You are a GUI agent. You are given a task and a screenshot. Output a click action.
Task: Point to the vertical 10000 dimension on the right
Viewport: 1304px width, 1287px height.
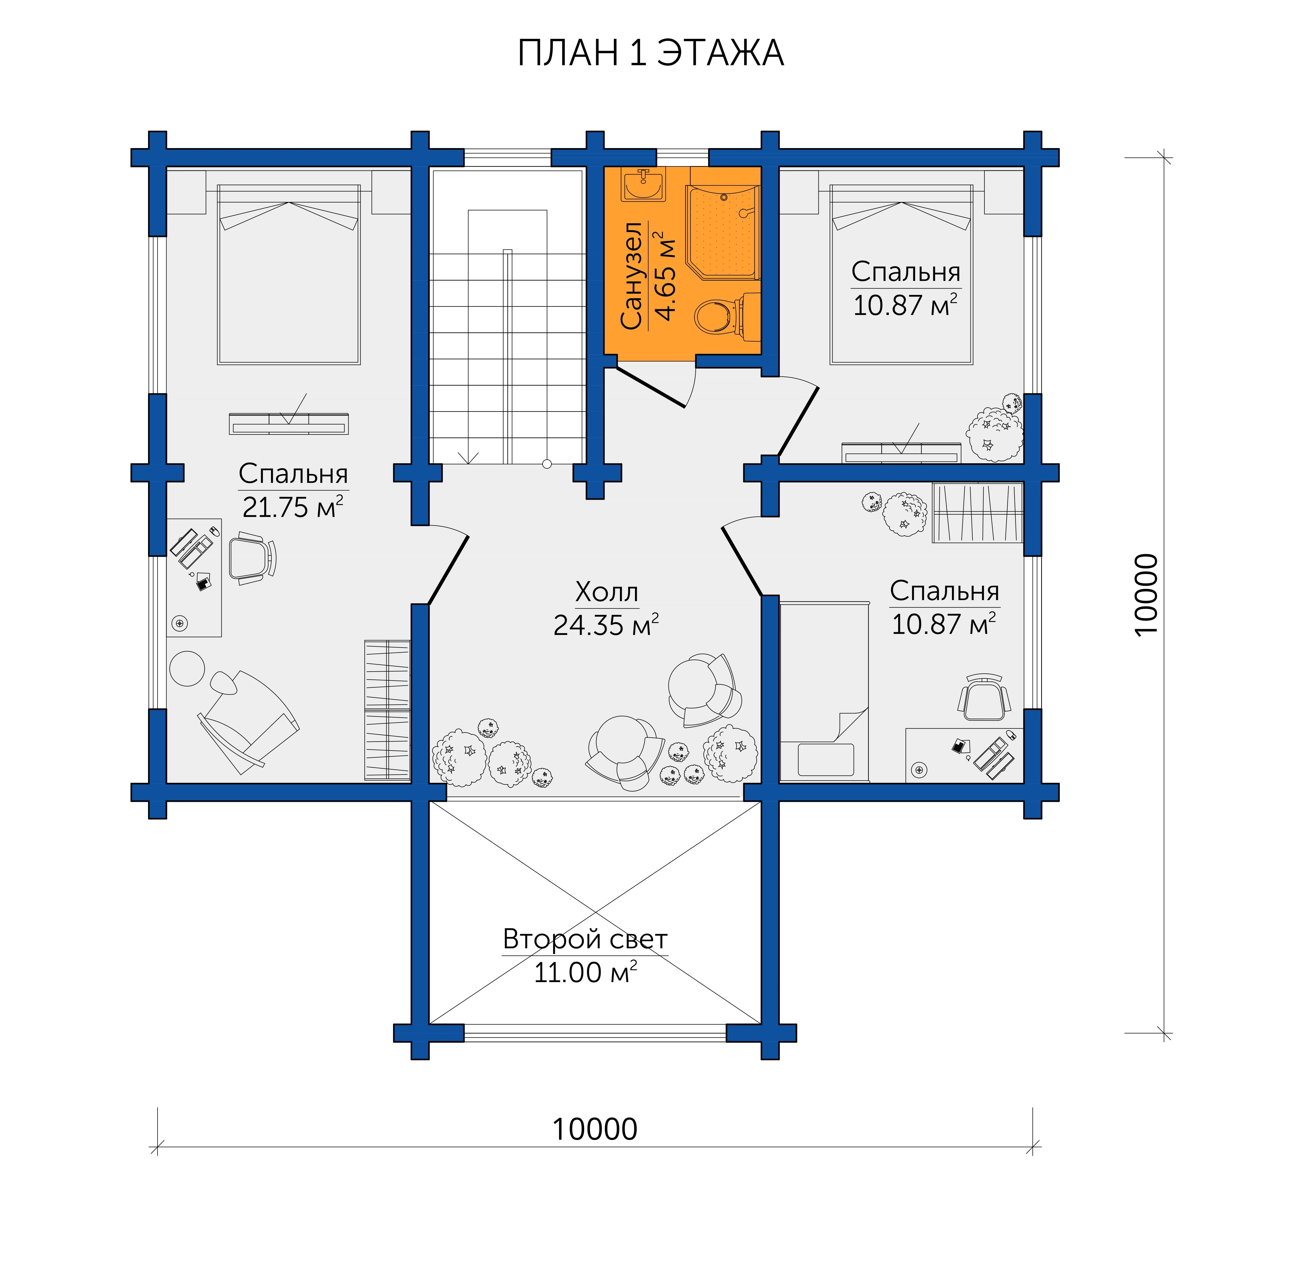click(x=1147, y=594)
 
